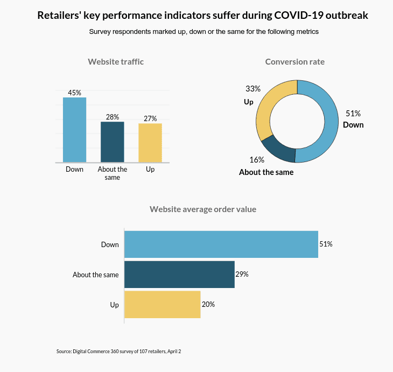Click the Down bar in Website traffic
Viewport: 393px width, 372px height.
[74, 130]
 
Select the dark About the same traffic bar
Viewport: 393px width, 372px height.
[113, 142]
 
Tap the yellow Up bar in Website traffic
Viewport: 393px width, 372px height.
[150, 143]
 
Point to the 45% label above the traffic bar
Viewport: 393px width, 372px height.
[74, 93]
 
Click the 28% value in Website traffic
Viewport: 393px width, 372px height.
[113, 117]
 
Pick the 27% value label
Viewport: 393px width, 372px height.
[150, 118]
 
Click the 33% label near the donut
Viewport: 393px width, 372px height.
[253, 89]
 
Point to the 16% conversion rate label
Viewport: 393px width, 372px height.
[257, 160]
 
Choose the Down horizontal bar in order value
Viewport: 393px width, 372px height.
[221, 244]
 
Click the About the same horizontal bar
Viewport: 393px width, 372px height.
[179, 275]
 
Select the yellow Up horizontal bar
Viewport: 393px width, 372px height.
[162, 305]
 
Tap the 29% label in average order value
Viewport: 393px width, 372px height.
[242, 274]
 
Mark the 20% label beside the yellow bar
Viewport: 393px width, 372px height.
[208, 304]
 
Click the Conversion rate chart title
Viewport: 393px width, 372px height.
[295, 62]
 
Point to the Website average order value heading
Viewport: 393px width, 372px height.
[203, 209]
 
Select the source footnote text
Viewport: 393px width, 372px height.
[118, 351]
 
